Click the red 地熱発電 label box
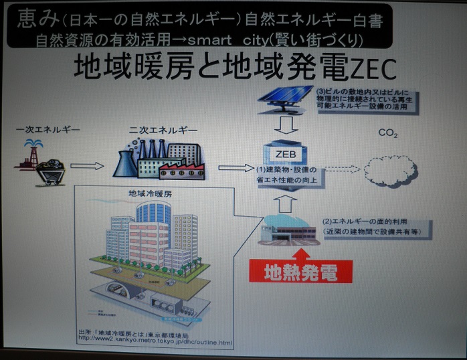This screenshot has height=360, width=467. [298, 272]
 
